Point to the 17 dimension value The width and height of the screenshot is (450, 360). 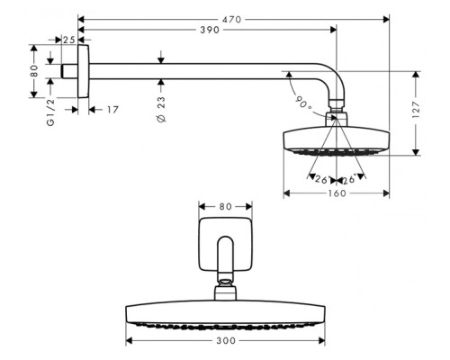(x=112, y=110)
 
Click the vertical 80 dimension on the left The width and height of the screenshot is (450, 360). (x=34, y=68)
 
